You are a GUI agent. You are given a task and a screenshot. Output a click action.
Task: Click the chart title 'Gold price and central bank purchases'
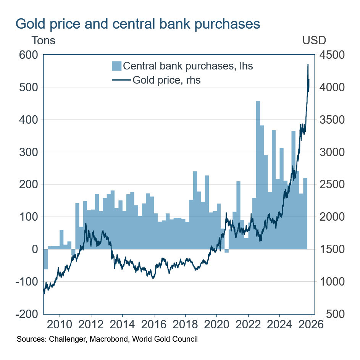[x=137, y=24]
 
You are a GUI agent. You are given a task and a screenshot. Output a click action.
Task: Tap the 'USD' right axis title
[x=314, y=40]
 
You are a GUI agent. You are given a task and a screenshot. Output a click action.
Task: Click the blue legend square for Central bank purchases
[x=116, y=66]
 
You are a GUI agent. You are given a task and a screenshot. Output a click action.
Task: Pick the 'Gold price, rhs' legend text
[x=166, y=80]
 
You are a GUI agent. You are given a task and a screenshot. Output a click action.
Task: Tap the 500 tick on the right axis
[x=329, y=314]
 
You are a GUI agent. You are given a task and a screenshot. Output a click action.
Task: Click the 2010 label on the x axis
[x=60, y=325]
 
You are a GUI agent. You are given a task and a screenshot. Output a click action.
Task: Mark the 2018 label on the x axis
[x=185, y=325]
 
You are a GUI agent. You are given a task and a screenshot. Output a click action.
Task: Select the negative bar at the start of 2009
[x=45, y=259]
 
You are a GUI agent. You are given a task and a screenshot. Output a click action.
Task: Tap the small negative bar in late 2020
[x=226, y=251]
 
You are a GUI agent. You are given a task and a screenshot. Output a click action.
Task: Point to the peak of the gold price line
[x=308, y=65]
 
